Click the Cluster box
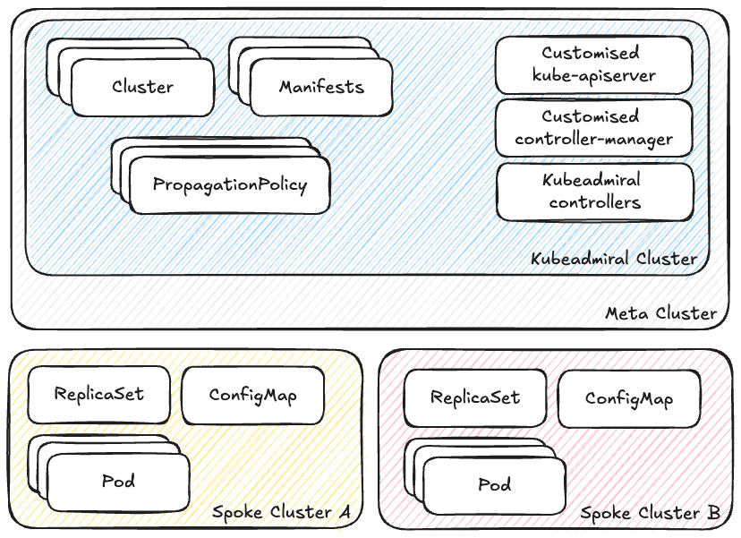[142, 88]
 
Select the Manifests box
[321, 88]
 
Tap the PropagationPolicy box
[229, 185]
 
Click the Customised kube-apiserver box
[594, 64]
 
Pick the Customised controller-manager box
[594, 128]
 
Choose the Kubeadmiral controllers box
[594, 192]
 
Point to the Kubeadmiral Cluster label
[613, 259]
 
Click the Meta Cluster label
[660, 313]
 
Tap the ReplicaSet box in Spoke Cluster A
[98, 394]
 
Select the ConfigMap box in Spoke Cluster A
[252, 395]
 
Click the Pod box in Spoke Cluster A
[118, 482]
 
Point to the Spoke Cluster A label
[280, 512]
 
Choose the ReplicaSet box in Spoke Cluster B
[474, 398]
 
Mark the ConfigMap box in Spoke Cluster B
[628, 399]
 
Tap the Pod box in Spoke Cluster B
[494, 485]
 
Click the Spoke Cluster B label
[651, 513]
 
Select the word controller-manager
[593, 139]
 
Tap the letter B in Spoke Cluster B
[713, 513]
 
